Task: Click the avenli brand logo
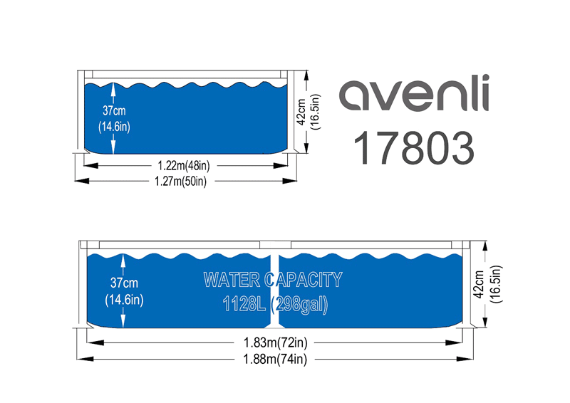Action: coord(414,93)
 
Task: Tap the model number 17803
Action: coord(414,148)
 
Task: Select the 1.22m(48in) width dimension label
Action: coord(184,166)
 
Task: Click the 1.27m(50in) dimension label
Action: coord(181,181)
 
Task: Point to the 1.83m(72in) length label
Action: coord(276,342)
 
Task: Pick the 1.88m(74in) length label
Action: coord(275,360)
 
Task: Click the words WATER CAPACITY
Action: coord(273,280)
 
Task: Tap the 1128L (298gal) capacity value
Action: coord(275,304)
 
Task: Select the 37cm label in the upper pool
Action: coord(114,110)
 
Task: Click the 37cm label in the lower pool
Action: coord(124,283)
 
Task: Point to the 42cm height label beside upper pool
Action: coord(301,112)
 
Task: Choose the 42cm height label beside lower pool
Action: coord(479,285)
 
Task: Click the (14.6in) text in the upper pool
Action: coord(114,127)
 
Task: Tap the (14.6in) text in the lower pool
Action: coord(124,300)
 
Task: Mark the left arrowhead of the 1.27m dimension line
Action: coord(82,181)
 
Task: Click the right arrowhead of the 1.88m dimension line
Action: coord(465,359)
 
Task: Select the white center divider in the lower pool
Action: coord(274,290)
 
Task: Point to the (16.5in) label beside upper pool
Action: coord(315,112)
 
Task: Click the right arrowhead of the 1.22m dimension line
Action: coord(280,166)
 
